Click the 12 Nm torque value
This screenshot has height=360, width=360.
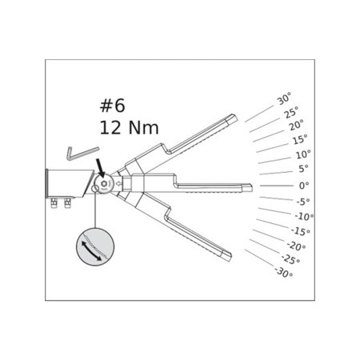129,127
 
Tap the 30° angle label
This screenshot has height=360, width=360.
284,100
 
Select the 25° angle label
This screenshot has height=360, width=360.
290,114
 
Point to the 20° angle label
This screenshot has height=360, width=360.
296,126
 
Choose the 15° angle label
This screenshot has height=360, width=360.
299,140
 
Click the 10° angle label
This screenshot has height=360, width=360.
302,154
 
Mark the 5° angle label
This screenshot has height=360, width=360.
303,169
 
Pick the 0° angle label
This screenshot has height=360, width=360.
304,185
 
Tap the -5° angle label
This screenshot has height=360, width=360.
302,201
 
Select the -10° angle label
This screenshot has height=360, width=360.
303,216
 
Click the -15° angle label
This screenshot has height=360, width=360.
300,231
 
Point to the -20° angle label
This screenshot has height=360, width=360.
296,246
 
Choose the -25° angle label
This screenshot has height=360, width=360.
290,259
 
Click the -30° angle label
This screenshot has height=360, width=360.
283,272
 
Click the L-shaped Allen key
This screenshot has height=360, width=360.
82,152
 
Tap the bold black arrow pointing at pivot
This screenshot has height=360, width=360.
100,168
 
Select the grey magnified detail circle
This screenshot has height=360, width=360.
95,246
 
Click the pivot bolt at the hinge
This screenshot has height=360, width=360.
104,186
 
